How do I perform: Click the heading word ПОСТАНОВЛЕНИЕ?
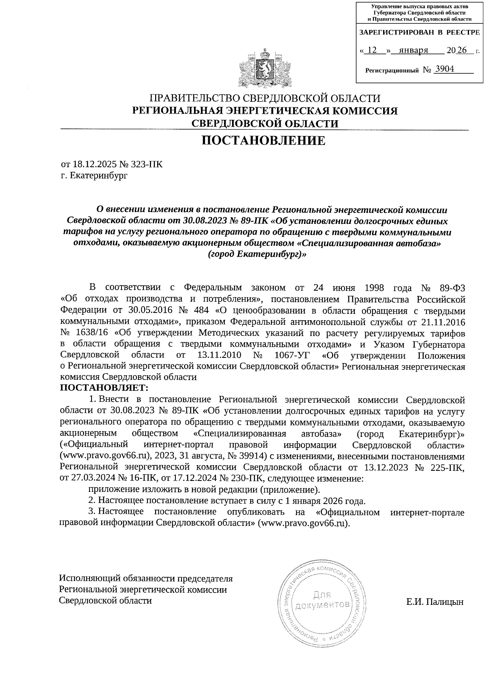pos(264,140)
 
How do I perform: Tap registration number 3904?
pos(444,69)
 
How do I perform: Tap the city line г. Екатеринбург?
pos(94,176)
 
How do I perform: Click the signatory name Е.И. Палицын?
pos(435,602)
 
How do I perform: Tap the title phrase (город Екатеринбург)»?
pos(257,255)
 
